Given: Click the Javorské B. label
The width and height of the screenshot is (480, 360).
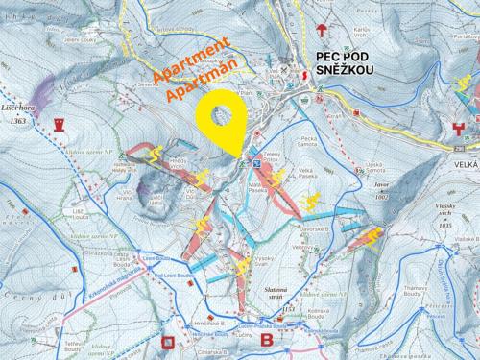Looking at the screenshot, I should click(x=316, y=230).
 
